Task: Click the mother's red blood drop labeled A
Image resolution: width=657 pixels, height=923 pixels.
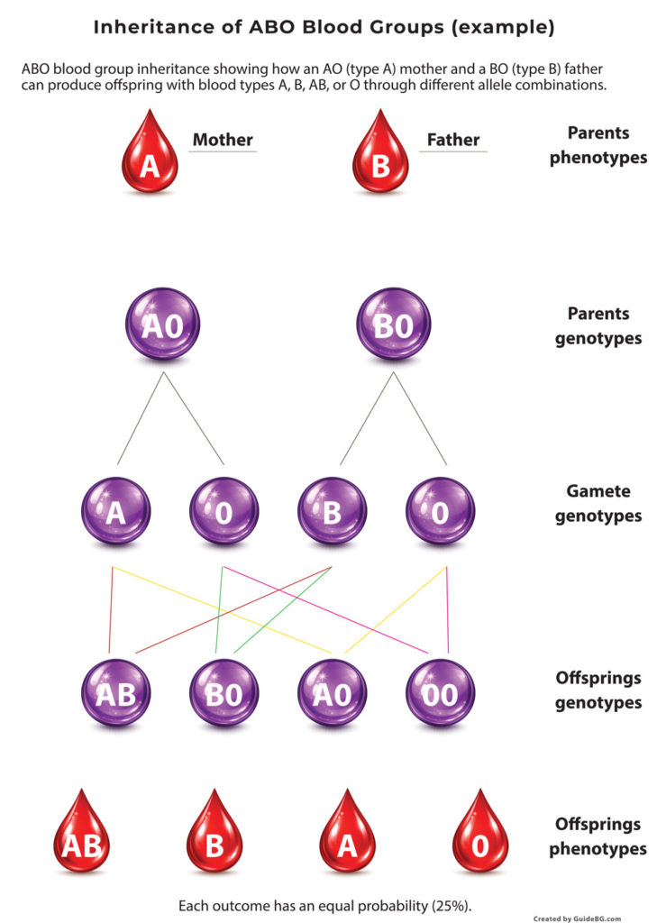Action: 151,160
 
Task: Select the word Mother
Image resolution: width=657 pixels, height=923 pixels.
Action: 223,140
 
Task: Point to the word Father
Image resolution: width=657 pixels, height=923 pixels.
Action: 452,140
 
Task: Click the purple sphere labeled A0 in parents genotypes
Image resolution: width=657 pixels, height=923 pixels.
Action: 163,324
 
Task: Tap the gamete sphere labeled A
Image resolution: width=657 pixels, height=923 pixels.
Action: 115,511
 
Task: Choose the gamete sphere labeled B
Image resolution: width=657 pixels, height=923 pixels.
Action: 333,511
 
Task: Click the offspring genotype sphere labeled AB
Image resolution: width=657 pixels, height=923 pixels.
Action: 115,694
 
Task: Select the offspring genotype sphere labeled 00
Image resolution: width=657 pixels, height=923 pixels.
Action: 439,694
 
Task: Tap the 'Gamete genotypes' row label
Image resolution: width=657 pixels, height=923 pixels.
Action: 598,504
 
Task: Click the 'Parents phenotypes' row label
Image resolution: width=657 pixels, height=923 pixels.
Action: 598,145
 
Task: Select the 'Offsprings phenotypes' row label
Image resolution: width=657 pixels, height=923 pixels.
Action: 598,836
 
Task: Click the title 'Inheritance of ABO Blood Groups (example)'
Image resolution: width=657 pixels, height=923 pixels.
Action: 324,28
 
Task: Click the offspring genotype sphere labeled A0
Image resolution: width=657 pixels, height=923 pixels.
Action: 333,694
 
